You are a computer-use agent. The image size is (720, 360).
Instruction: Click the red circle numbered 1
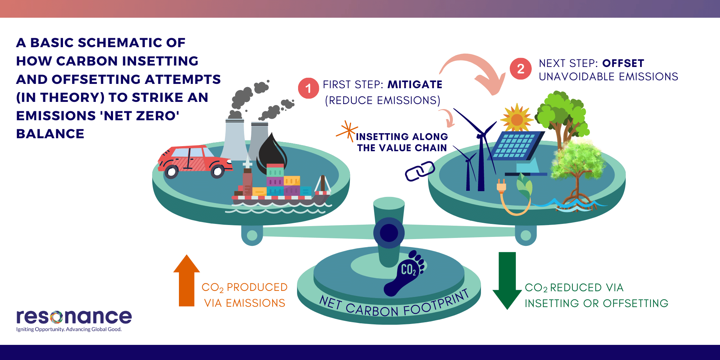tap(308, 88)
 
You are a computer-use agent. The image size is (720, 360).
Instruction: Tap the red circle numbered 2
tap(521, 69)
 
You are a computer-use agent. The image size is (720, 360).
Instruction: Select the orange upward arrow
tap(186, 281)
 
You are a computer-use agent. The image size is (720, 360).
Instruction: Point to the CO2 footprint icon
tap(405, 274)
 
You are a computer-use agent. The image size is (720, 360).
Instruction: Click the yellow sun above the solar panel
tap(517, 119)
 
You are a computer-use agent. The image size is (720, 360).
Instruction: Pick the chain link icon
tap(420, 171)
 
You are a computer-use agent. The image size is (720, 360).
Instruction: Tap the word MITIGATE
tap(415, 85)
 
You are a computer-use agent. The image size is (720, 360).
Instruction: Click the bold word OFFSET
tap(623, 63)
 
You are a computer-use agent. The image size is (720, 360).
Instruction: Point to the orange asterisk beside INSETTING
tap(347, 131)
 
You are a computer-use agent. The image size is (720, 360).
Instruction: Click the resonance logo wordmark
tap(74, 317)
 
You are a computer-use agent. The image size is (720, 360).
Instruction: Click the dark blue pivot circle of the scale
tap(389, 233)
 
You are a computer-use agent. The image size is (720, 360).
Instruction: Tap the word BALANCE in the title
tap(50, 134)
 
